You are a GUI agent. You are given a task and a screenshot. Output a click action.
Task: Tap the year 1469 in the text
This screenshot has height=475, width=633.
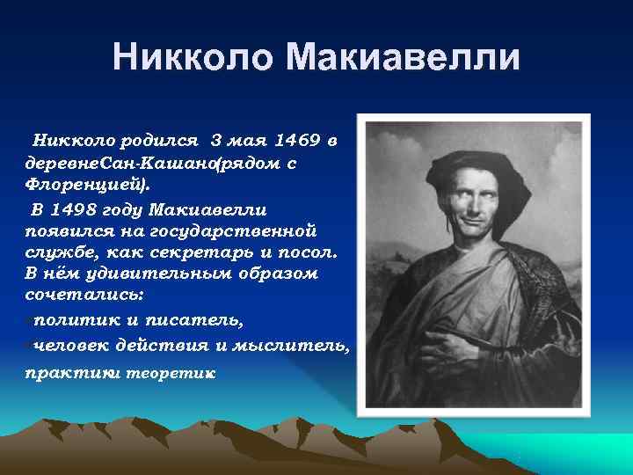[x=299, y=141]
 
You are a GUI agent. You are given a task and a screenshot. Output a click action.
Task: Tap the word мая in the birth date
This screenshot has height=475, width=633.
[x=251, y=141]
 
